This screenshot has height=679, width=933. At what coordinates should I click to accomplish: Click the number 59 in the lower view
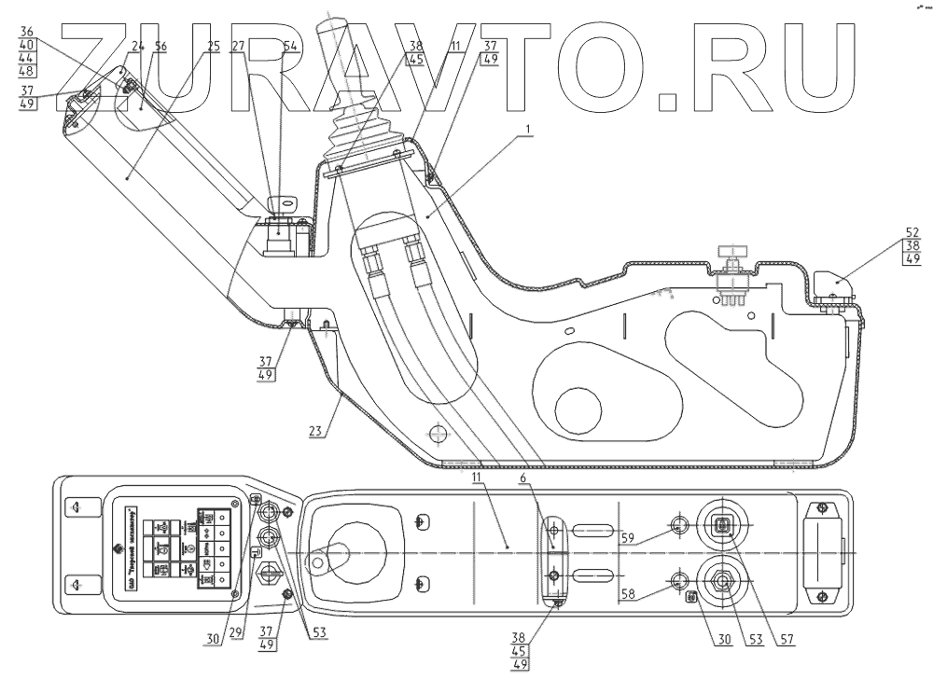[x=627, y=537]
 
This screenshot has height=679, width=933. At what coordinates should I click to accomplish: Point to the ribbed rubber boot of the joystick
[x=357, y=131]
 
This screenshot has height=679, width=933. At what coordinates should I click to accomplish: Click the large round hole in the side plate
[x=578, y=407]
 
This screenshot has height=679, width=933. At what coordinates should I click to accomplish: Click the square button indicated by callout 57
[x=723, y=526]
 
